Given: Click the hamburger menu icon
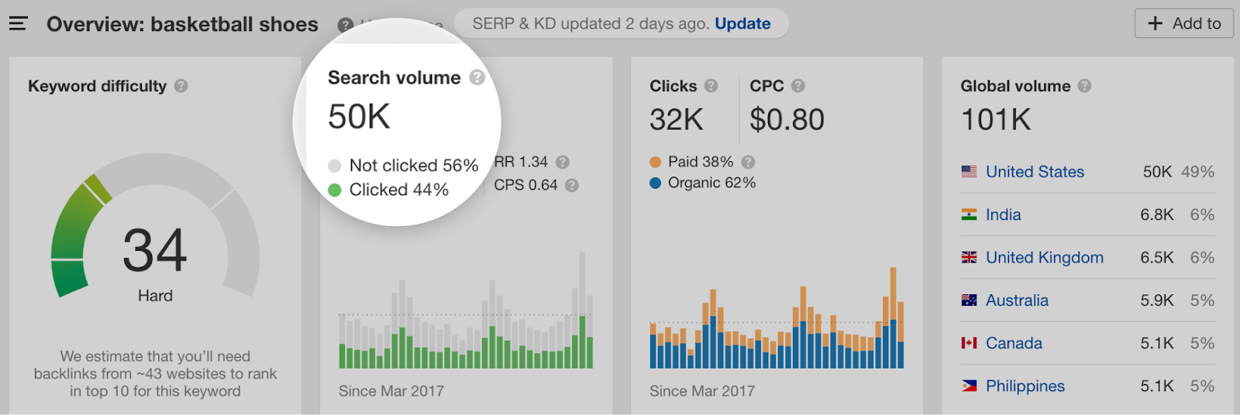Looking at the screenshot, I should click(19, 24).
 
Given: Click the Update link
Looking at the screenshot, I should click(742, 24).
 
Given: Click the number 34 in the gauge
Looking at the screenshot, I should click(155, 251).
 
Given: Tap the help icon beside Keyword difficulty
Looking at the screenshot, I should click(181, 86).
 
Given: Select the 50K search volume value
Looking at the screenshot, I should click(359, 118).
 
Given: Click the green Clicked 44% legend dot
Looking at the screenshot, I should click(335, 190).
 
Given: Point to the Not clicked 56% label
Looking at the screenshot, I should click(413, 166).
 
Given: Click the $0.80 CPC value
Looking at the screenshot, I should click(787, 120).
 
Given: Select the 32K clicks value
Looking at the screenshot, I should click(676, 120).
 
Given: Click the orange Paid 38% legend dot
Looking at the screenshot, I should click(655, 162).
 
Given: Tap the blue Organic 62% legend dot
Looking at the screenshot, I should click(655, 183).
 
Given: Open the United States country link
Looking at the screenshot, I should click(1035, 172).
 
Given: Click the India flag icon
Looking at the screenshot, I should click(969, 214).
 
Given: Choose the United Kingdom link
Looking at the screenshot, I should click(1044, 258).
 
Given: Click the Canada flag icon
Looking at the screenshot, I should click(969, 343).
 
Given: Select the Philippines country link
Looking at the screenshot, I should click(1025, 386).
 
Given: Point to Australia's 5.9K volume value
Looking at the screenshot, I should click(1156, 300).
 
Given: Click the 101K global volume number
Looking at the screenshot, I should click(996, 120).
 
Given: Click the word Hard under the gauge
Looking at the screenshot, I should click(155, 296).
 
